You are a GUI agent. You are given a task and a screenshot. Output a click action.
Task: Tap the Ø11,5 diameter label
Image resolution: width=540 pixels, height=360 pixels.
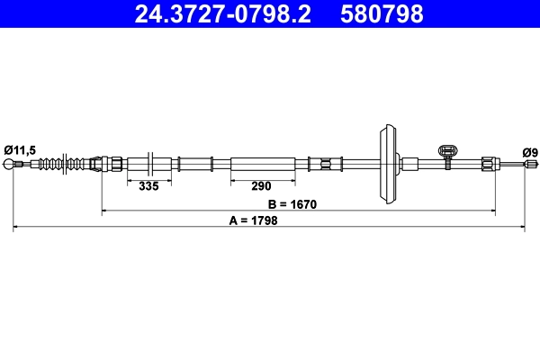pyautogui.click(x=19, y=151)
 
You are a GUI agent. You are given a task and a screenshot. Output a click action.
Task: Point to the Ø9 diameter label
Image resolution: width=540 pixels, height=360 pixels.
pyautogui.click(x=529, y=152)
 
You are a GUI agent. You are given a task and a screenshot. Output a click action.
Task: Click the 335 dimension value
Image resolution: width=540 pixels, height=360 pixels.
pyautogui.click(x=148, y=186)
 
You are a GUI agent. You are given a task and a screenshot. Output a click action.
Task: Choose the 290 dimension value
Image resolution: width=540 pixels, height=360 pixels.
pyautogui.click(x=261, y=186)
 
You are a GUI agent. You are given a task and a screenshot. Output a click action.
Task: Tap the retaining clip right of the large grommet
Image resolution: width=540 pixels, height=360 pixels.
pyautogui.click(x=447, y=155)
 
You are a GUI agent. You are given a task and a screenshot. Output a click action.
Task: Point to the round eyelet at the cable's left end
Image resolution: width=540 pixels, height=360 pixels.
pyautogui.click(x=11, y=165)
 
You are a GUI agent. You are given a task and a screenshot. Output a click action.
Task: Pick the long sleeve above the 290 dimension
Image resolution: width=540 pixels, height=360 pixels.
pyautogui.click(x=262, y=164)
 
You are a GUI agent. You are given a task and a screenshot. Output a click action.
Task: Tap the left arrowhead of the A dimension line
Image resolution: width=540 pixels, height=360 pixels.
pyautogui.click(x=15, y=229)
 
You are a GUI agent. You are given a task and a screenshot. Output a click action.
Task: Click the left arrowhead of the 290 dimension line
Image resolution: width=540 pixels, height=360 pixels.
pyautogui.click(x=234, y=178)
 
